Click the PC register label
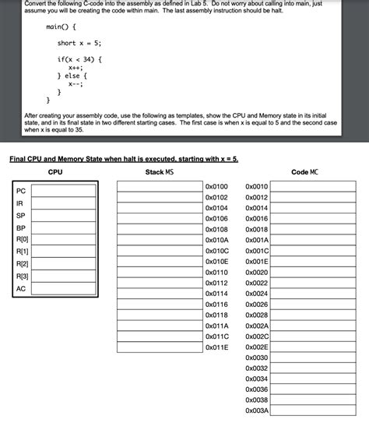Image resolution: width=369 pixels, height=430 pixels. [20, 191]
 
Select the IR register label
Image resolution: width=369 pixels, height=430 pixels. [19, 203]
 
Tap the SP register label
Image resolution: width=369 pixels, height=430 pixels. [20, 215]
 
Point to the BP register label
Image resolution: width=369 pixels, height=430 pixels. [20, 228]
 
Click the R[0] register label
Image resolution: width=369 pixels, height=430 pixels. [22, 238]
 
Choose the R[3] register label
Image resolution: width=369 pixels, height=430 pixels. [22, 277]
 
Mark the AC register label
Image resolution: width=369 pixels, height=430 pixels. [20, 289]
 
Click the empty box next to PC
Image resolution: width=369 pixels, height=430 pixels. [64, 191]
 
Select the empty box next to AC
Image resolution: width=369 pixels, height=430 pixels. [64, 289]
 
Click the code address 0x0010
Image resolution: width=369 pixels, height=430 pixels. [256, 187]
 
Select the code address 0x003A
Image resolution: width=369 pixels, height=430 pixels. [256, 411]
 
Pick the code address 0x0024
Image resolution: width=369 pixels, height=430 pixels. [256, 294]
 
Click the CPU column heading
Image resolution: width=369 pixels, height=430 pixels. [55, 172]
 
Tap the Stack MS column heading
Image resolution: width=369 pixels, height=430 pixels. [160, 172]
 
